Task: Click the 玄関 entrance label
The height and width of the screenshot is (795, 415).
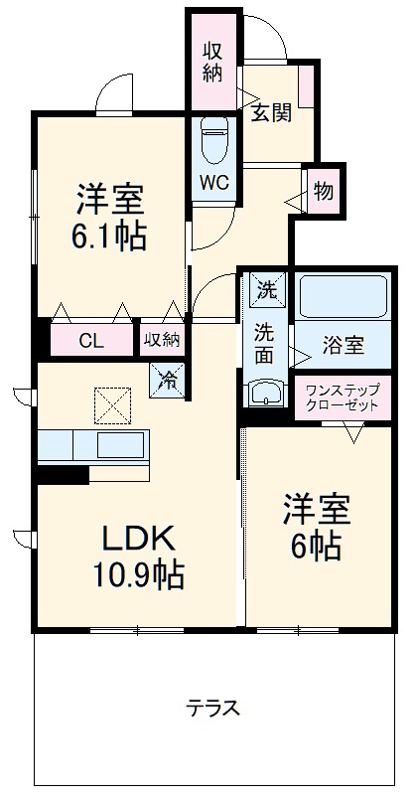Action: [x=270, y=112]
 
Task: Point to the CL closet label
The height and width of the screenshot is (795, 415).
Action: [x=89, y=341]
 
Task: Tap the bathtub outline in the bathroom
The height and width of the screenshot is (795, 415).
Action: [x=344, y=296]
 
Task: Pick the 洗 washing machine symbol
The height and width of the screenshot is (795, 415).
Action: [x=267, y=289]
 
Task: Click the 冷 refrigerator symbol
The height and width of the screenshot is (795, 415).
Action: [x=169, y=378]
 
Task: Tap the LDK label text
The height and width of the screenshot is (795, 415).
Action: [x=139, y=538]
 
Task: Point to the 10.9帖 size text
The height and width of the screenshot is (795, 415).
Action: [x=139, y=573]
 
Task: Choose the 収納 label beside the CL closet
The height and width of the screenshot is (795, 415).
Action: [x=162, y=340]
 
